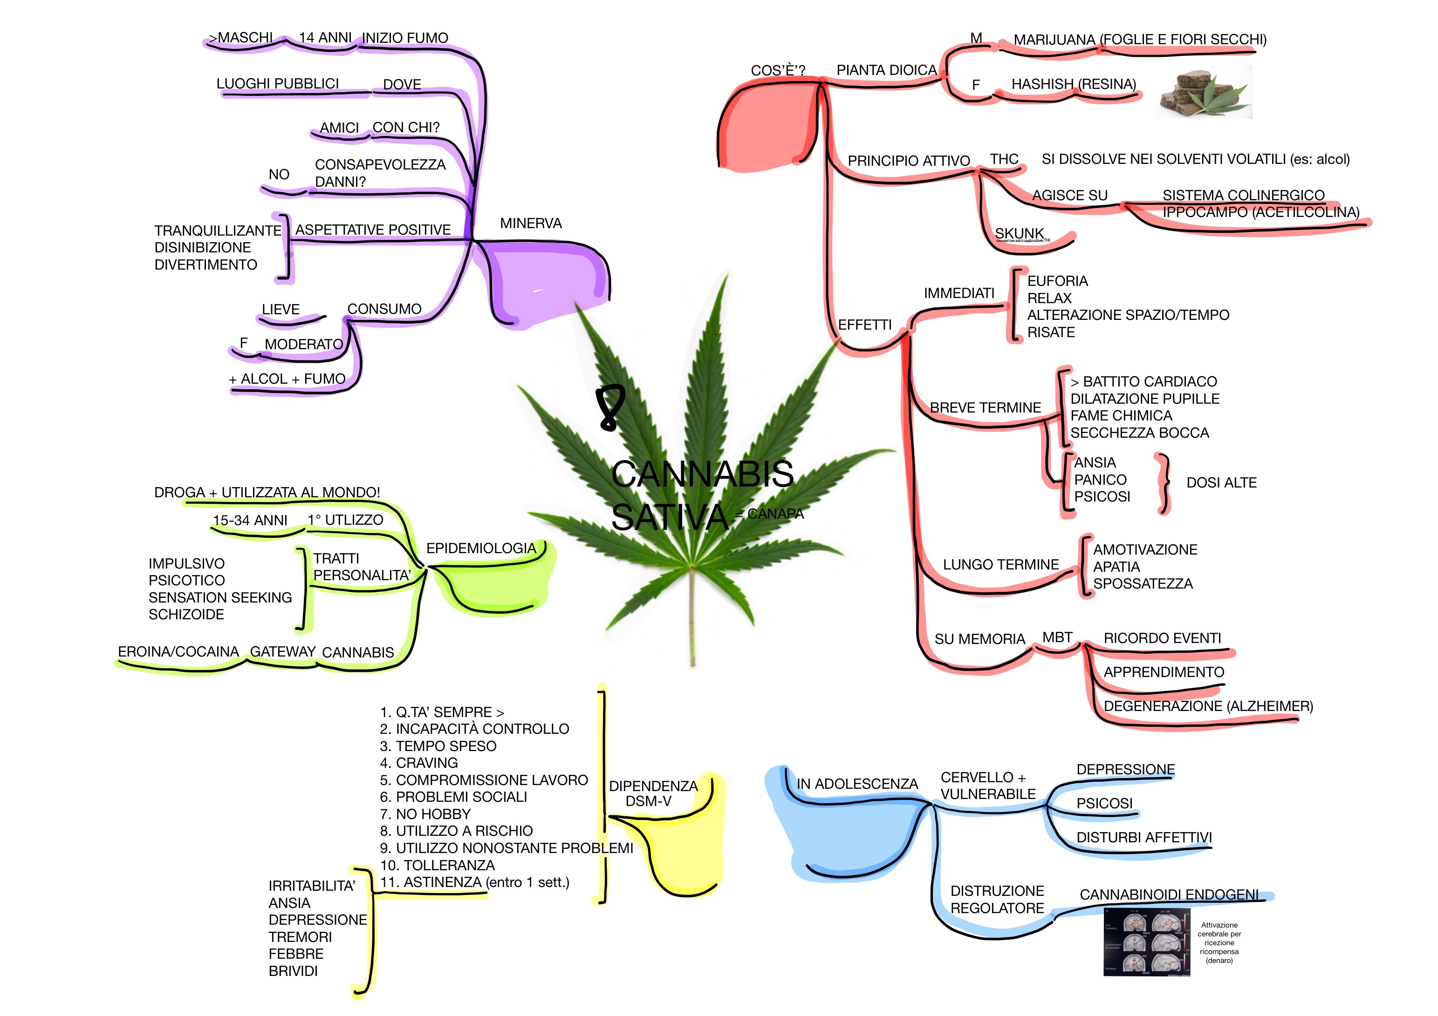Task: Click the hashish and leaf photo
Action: [1203, 93]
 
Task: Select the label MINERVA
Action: [530, 224]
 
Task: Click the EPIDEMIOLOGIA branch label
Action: [481, 549]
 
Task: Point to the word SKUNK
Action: [1019, 233]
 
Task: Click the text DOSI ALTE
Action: [1221, 483]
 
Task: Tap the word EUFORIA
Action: [1057, 281]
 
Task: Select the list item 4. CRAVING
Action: [419, 763]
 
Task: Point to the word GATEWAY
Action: [282, 652]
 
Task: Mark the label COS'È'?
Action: [778, 70]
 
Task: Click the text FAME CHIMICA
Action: [1121, 416]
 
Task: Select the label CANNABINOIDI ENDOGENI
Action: [1169, 894]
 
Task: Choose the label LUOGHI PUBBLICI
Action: [277, 84]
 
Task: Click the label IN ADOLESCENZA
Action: [857, 784]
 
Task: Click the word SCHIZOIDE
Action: [186, 615]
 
